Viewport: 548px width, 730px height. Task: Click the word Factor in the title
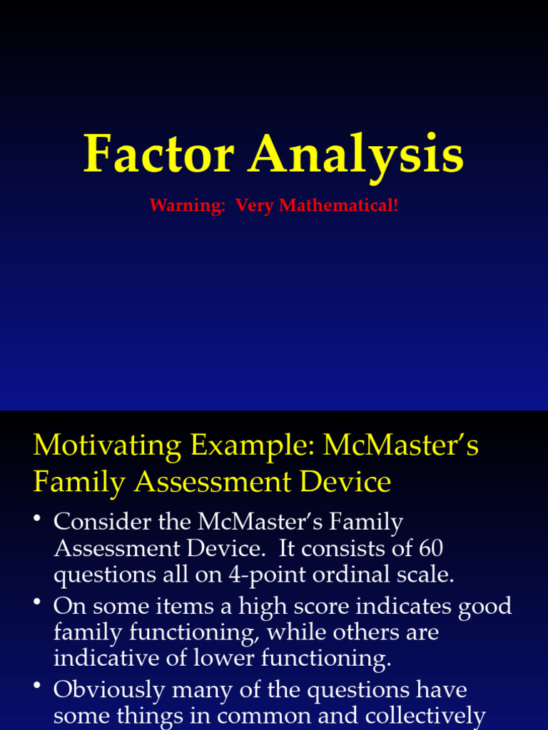[x=158, y=154]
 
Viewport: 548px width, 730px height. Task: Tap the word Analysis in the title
[x=356, y=155]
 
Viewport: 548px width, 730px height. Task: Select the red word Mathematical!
[x=339, y=206]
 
